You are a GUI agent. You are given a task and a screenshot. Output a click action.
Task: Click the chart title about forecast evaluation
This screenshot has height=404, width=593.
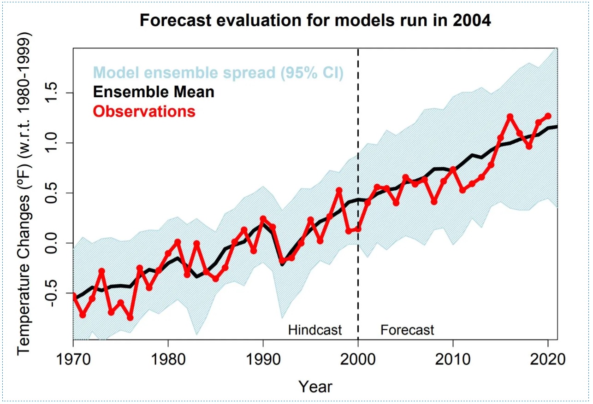pyautogui.click(x=315, y=21)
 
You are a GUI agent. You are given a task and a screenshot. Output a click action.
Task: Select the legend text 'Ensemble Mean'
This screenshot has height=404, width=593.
pyautogui.click(x=154, y=92)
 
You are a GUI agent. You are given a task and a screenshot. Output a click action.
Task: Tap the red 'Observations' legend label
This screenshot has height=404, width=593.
pyautogui.click(x=144, y=111)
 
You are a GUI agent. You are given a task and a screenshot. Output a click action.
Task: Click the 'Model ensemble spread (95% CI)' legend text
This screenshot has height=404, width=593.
pyautogui.click(x=218, y=72)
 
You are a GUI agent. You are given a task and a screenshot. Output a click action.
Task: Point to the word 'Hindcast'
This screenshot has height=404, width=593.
pyautogui.click(x=315, y=330)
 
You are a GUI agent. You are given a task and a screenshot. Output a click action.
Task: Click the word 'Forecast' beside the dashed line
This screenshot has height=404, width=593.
pyautogui.click(x=407, y=330)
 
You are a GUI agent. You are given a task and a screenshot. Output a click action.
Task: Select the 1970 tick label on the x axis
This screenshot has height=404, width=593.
pyautogui.click(x=73, y=359)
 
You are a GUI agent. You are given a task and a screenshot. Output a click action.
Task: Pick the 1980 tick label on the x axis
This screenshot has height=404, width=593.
pyautogui.click(x=168, y=359)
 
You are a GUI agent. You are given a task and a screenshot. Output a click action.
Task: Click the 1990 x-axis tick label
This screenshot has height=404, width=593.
pyautogui.click(x=263, y=359)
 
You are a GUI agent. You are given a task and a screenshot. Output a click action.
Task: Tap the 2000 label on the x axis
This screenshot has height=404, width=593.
pyautogui.click(x=358, y=359)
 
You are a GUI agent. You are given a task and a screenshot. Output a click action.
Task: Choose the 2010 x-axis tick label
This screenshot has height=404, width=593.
pyautogui.click(x=453, y=359)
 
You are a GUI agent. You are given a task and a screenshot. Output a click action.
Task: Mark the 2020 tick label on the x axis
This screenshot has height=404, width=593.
pyautogui.click(x=548, y=359)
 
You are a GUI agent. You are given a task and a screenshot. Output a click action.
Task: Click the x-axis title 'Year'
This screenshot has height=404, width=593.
pyautogui.click(x=315, y=386)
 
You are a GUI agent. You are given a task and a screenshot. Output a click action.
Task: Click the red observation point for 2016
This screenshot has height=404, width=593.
pyautogui.click(x=510, y=117)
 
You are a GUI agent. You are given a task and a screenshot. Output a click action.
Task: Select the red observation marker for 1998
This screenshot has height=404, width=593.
pyautogui.click(x=339, y=190)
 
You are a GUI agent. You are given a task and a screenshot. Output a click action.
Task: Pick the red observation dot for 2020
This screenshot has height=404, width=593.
pyautogui.click(x=548, y=116)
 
